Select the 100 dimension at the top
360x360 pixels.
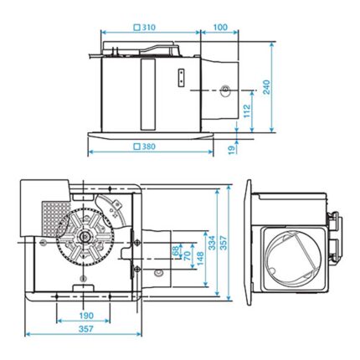point(220,28)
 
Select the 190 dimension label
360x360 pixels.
point(86,316)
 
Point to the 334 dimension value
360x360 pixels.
point(214,244)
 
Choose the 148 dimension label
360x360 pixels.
point(198,256)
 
